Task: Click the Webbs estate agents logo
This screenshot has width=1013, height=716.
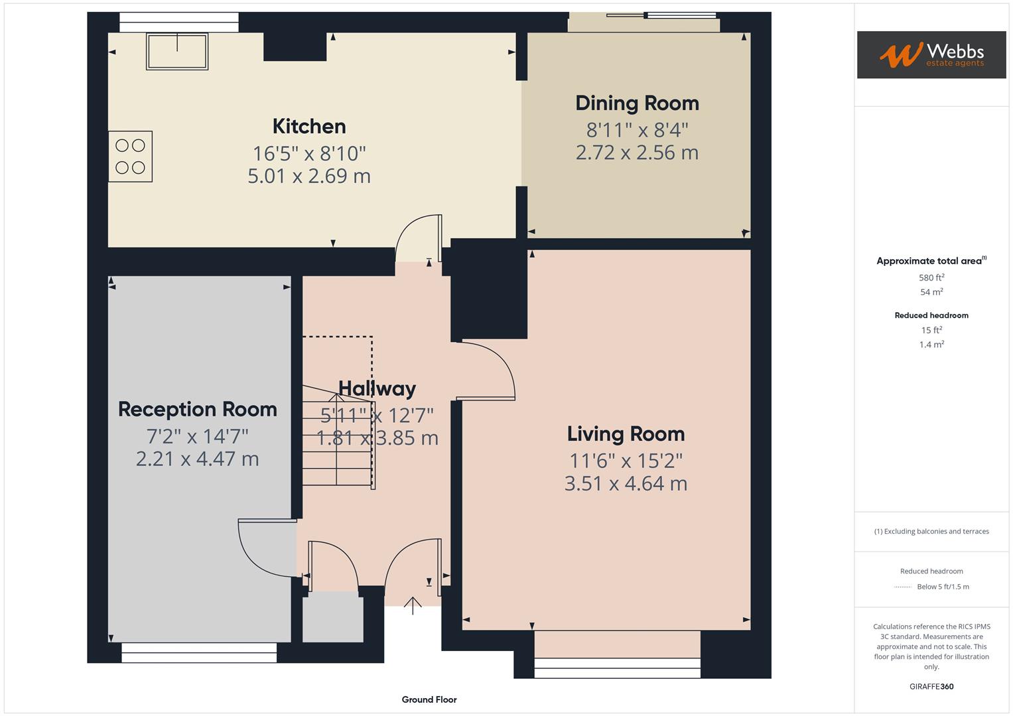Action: (x=931, y=55)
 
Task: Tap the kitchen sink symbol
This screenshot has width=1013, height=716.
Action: (x=177, y=51)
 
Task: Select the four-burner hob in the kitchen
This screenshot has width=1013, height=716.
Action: (x=131, y=156)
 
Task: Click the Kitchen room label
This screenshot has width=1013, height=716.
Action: (x=309, y=126)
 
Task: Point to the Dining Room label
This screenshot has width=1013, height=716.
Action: (x=637, y=103)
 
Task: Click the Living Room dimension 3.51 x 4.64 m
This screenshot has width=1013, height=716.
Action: (x=626, y=483)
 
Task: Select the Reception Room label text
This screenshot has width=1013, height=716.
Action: (x=198, y=409)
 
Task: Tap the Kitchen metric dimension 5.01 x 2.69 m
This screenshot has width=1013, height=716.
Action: (x=309, y=176)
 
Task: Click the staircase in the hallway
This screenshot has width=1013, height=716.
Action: (x=337, y=438)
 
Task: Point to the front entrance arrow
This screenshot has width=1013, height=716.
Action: (x=413, y=605)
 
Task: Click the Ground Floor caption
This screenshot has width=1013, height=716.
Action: (x=429, y=699)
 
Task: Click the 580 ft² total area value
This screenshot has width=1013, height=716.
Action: (x=931, y=278)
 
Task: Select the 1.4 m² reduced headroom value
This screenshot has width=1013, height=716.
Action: (x=931, y=345)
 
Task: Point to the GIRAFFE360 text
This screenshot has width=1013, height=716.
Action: (x=931, y=686)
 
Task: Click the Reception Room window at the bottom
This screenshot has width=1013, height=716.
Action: (x=199, y=653)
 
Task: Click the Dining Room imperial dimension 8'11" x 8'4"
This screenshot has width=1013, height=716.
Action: (x=637, y=129)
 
